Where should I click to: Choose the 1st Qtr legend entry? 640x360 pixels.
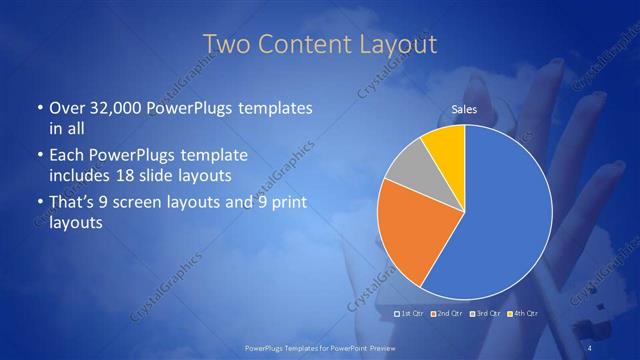click(x=411, y=314)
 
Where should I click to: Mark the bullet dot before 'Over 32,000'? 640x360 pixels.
click(x=39, y=108)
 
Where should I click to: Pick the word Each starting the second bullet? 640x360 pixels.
click(x=67, y=156)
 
